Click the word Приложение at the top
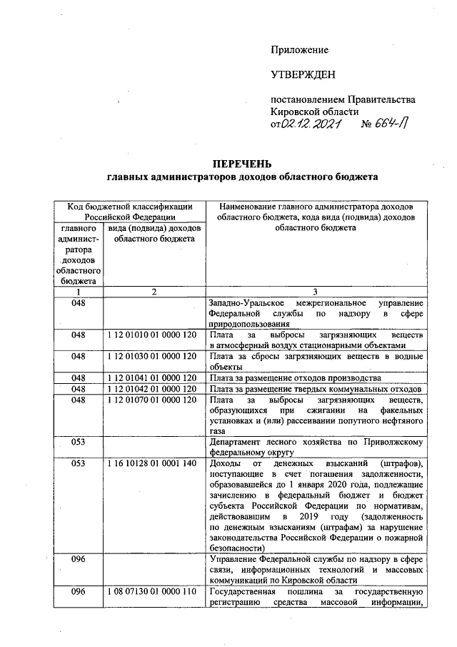[299, 50]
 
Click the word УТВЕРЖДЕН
[302, 75]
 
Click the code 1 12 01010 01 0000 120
[151, 335]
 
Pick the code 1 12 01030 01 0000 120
[151, 356]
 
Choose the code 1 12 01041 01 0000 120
[151, 377]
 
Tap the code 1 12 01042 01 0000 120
[151, 388]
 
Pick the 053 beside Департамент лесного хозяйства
[79, 442]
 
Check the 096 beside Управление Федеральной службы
[79, 560]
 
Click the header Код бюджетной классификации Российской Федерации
[129, 212]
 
